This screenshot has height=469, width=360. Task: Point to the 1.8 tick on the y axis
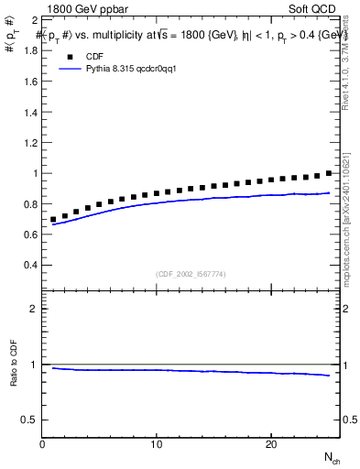(30, 50)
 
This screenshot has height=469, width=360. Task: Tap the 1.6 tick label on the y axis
(30, 81)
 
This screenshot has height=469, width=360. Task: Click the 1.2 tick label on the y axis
(30, 142)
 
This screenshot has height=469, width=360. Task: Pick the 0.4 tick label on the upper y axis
(30, 265)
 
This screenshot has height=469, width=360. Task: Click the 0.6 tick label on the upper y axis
(30, 234)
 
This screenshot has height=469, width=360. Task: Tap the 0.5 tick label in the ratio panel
(30, 420)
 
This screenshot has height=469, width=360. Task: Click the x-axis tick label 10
(157, 444)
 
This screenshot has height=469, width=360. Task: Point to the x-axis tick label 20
(270, 444)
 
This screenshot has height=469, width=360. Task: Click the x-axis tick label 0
(42, 444)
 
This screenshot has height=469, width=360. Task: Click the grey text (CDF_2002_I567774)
(190, 273)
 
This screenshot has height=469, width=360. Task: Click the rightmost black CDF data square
(329, 173)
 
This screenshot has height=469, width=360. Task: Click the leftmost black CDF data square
(53, 220)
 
